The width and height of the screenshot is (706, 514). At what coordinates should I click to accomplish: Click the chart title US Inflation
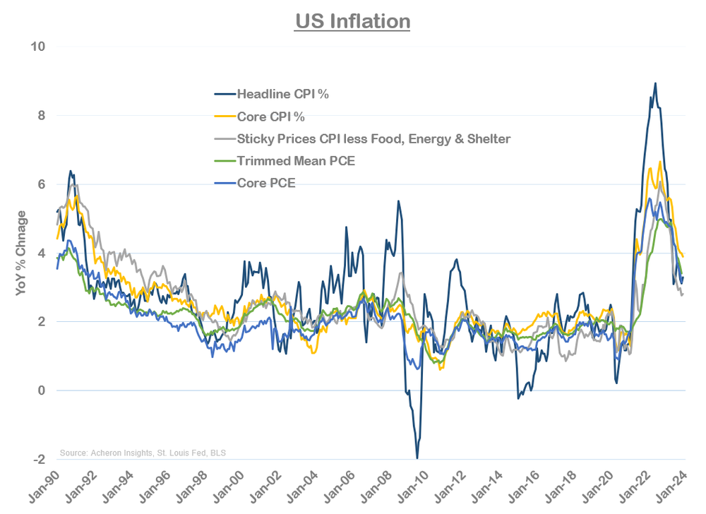tap(352, 22)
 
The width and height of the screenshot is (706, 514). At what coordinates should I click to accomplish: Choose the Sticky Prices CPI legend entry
tap(373, 139)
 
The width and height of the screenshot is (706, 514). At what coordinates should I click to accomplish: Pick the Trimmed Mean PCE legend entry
tap(296, 162)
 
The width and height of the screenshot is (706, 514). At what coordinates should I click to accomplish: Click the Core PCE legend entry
tap(265, 184)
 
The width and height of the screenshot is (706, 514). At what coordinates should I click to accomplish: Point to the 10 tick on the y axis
tap(37, 47)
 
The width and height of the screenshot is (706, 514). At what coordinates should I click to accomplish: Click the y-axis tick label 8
tap(41, 116)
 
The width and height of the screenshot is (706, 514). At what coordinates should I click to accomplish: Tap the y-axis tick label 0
tap(41, 390)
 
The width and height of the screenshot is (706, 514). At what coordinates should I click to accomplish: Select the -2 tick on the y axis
tap(39, 460)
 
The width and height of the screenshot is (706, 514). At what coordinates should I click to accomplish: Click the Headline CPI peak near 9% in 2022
tap(655, 83)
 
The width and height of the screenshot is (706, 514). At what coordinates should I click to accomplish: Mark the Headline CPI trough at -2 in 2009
tap(417, 458)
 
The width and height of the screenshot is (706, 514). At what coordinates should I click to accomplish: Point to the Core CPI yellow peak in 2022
tap(659, 162)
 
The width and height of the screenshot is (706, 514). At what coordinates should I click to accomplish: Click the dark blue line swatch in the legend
tap(224, 94)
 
